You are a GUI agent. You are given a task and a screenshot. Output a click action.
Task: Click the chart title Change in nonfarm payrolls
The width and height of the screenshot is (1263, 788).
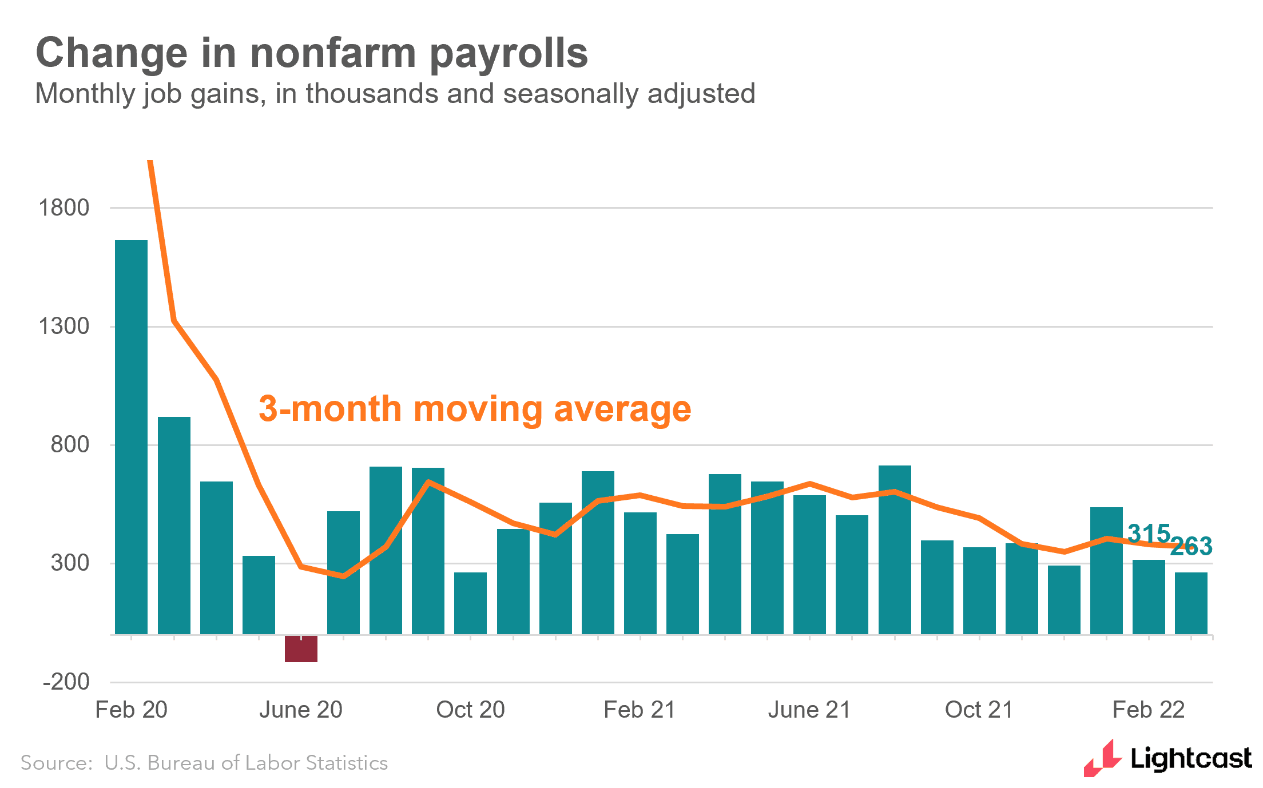(312, 53)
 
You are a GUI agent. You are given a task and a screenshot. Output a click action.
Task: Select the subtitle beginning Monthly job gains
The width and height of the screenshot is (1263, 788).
(395, 94)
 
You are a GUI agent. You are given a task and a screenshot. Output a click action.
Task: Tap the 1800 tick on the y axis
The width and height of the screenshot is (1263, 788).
(63, 208)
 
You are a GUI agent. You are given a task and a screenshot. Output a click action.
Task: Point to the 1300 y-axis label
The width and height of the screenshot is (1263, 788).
(63, 327)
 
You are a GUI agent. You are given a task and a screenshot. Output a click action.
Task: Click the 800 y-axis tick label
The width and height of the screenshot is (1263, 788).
(70, 444)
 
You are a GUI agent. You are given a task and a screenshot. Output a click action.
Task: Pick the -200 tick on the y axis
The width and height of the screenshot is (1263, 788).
(66, 682)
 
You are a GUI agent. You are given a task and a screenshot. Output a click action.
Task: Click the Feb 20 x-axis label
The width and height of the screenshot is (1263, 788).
(131, 710)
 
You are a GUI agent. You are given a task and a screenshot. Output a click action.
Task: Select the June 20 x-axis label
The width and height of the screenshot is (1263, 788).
(301, 710)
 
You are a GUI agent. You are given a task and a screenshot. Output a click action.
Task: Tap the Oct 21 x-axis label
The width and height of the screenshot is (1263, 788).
(979, 710)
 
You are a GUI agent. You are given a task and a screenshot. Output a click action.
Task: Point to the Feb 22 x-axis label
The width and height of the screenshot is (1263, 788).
(1148, 710)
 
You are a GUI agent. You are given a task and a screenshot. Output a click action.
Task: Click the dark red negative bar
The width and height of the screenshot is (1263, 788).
(301, 649)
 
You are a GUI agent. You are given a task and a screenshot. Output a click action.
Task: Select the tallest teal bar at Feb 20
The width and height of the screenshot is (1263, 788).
(131, 437)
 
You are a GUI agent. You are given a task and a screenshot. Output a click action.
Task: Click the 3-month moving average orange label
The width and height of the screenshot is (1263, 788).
(475, 409)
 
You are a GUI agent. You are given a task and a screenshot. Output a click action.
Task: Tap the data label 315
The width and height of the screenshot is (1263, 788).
(1148, 533)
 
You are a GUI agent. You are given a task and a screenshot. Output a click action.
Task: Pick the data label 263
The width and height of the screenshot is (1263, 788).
(1191, 546)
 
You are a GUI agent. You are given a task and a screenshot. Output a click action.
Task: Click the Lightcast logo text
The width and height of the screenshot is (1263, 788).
(1191, 759)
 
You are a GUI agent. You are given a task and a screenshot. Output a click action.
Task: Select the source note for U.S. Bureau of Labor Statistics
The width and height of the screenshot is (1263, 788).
(204, 763)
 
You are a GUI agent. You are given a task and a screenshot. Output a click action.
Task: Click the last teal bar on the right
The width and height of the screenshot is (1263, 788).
(1191, 603)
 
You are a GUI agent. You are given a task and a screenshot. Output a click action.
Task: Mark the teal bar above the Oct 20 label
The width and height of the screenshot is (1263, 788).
(470, 603)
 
